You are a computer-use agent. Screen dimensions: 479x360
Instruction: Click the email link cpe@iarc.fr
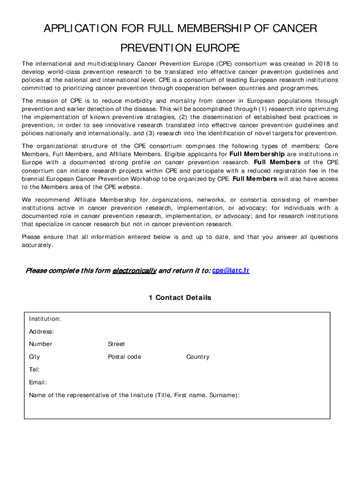(230, 271)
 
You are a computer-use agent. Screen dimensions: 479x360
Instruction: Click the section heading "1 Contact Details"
(180, 298)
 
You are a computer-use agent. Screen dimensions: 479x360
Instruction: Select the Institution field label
(44, 319)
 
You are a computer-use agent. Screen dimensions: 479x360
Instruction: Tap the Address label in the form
(41, 332)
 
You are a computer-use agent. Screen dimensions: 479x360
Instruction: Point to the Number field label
(41, 344)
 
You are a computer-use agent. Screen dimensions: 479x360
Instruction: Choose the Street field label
(116, 344)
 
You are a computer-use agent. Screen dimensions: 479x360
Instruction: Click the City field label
(35, 357)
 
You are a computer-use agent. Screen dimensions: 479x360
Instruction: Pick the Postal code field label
(124, 357)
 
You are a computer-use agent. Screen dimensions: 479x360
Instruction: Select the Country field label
(198, 357)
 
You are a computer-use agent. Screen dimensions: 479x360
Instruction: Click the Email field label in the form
(37, 382)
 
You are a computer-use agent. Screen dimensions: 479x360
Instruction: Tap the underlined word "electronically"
(134, 271)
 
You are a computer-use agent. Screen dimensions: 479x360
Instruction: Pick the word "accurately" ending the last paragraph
(37, 245)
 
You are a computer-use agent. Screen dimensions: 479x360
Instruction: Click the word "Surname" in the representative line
(223, 395)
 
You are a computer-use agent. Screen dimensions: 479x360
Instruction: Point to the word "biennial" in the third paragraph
(36, 179)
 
